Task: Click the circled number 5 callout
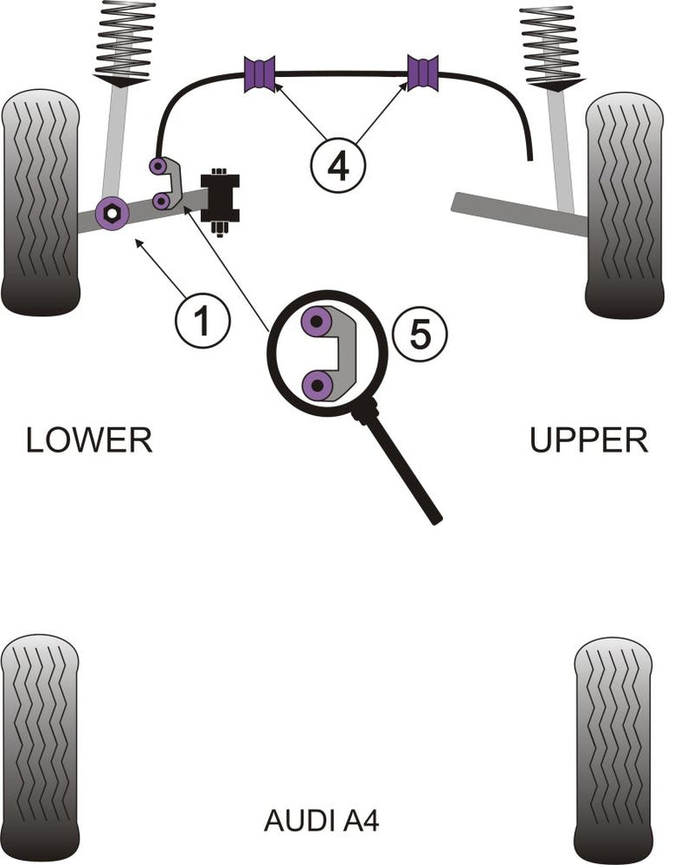[420, 334]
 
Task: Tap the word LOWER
[89, 439]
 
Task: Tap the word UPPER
[589, 439]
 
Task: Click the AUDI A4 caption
[322, 821]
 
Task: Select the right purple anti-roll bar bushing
[424, 73]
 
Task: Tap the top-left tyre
[41, 202]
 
